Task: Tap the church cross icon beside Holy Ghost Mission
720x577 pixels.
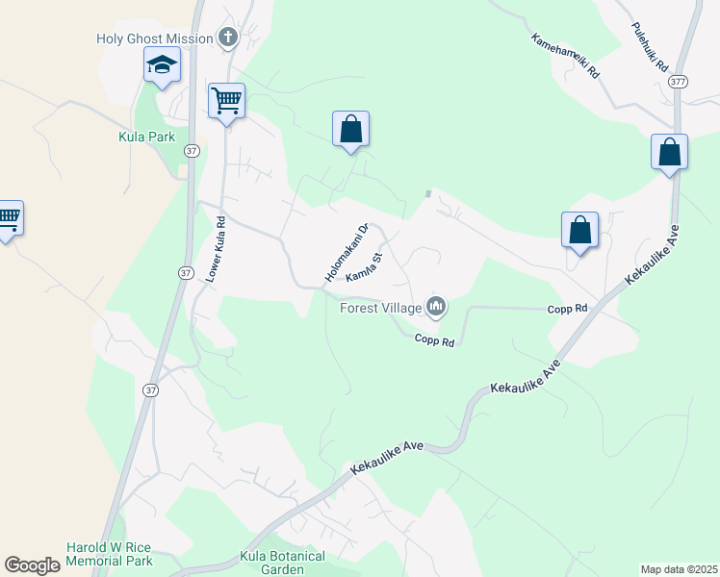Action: click(228, 38)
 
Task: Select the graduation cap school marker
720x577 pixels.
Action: click(162, 66)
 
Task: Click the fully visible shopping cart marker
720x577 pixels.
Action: click(226, 101)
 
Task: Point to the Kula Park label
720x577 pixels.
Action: click(146, 137)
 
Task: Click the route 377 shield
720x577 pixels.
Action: click(679, 81)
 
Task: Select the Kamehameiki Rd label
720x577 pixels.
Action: click(565, 56)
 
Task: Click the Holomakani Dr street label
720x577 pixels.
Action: click(347, 253)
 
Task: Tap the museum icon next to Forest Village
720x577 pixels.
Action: click(436, 307)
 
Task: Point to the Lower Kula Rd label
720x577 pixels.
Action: click(217, 248)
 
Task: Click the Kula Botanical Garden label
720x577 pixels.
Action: click(281, 563)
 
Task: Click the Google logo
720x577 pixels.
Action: click(33, 565)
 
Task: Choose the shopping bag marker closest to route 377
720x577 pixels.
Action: click(669, 152)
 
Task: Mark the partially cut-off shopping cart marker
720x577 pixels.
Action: click(9, 219)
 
